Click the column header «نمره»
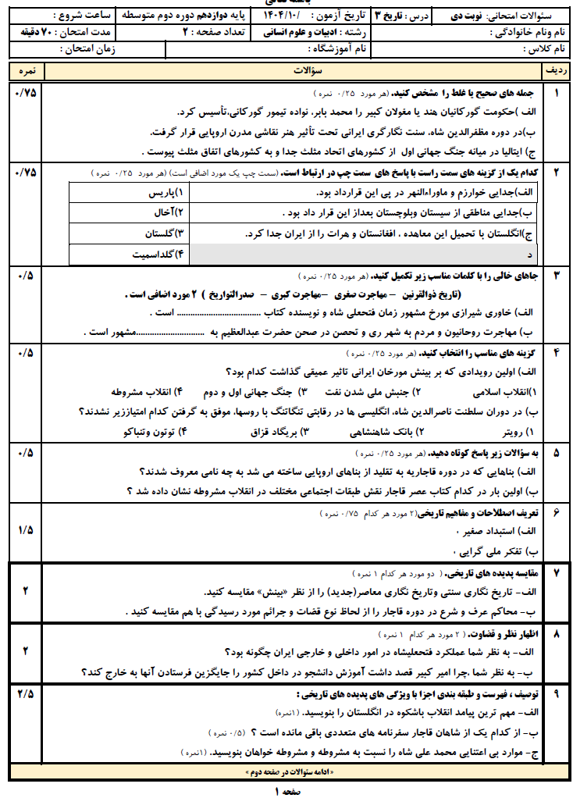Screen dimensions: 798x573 pos(25,71)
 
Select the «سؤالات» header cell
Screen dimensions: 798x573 pos(297,71)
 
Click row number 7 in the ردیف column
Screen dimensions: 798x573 pos(557,572)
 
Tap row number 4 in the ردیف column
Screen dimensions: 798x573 pos(557,353)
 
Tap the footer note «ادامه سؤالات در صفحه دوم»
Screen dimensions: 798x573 pos(288,772)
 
